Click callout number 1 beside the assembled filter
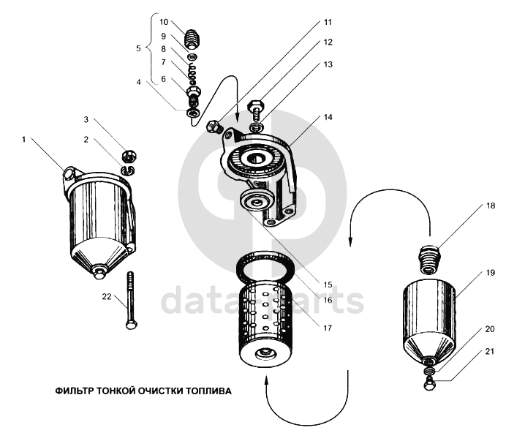point(24,139)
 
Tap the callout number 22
point(107,297)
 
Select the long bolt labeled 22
point(131,300)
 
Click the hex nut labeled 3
point(129,155)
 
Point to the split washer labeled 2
point(127,170)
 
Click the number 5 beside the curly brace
point(139,48)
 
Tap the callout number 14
point(328,117)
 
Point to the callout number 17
point(328,328)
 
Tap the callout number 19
point(490,273)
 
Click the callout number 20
point(489,329)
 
